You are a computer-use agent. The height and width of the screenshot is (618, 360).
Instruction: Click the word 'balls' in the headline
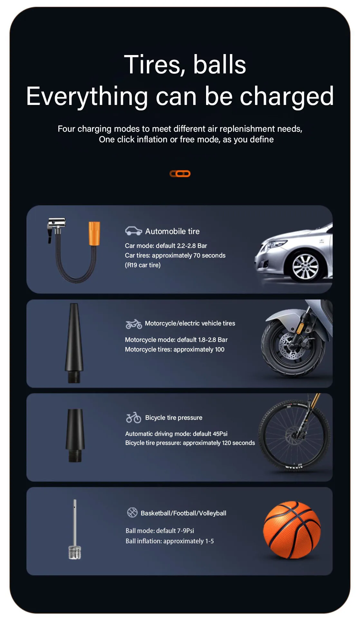click(220, 65)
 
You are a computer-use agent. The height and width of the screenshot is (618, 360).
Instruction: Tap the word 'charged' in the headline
click(287, 97)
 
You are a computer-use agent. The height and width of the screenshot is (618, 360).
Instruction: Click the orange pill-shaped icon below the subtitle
click(180, 174)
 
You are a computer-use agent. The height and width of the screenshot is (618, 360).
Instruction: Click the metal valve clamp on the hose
click(57, 225)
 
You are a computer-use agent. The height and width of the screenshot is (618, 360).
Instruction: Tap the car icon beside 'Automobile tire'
click(133, 231)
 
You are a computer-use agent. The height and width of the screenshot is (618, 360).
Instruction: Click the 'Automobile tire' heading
click(172, 231)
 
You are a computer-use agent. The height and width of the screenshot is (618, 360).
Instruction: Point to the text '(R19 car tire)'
click(143, 265)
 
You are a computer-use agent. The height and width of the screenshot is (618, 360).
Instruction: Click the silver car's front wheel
click(305, 267)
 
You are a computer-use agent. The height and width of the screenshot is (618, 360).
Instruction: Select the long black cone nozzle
click(74, 341)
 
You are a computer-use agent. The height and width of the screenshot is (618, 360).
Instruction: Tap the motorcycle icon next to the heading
click(134, 324)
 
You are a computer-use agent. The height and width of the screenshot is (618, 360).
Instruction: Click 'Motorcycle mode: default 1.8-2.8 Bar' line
click(176, 340)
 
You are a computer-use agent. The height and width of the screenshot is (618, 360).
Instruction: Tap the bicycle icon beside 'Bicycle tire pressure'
click(133, 418)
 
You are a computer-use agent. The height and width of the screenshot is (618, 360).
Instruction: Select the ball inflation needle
click(75, 528)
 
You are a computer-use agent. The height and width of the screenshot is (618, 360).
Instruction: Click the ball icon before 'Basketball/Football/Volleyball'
click(132, 512)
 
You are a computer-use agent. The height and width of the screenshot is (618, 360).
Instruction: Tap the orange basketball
click(292, 530)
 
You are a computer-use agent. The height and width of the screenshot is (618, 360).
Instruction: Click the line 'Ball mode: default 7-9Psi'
click(160, 531)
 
